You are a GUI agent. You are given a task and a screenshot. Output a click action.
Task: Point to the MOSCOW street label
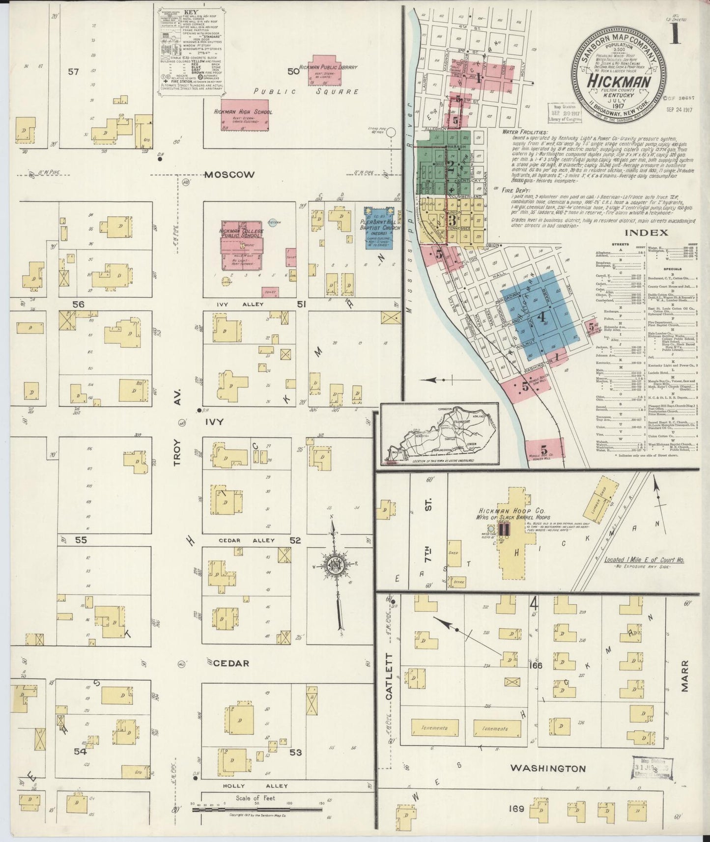(x=229, y=175)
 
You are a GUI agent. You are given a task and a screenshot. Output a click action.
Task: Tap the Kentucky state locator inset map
(x=439, y=434)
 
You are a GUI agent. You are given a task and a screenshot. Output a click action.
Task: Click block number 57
(x=73, y=72)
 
